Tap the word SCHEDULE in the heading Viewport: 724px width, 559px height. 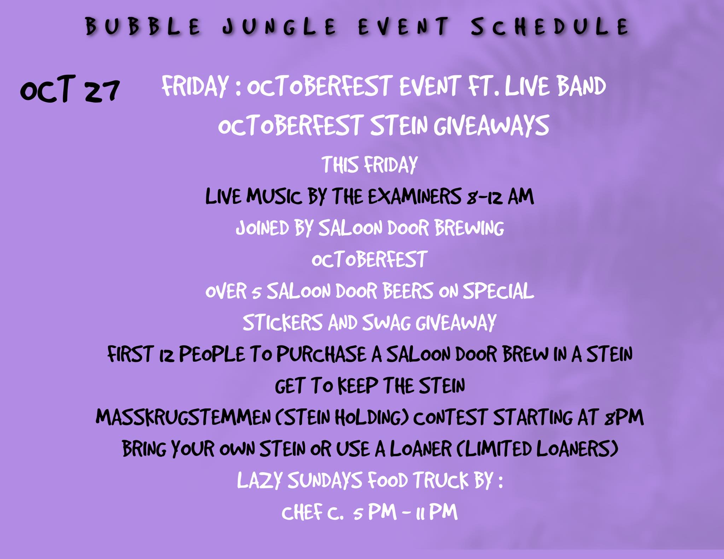[550, 26]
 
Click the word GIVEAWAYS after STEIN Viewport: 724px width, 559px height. [491, 125]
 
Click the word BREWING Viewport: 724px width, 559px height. [469, 228]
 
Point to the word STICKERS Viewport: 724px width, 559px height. [282, 322]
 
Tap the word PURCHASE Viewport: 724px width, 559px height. [321, 354]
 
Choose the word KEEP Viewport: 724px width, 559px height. [358, 386]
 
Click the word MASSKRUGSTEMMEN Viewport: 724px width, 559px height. [183, 417]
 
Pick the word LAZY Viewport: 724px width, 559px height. [259, 480]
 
